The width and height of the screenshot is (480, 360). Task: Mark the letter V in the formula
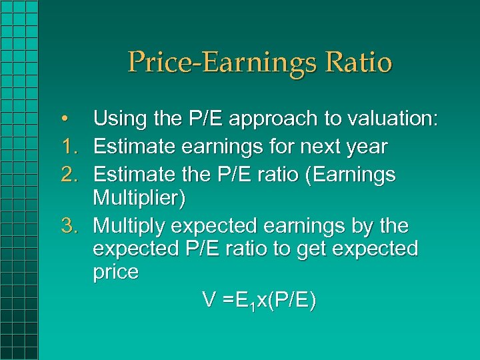209,300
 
